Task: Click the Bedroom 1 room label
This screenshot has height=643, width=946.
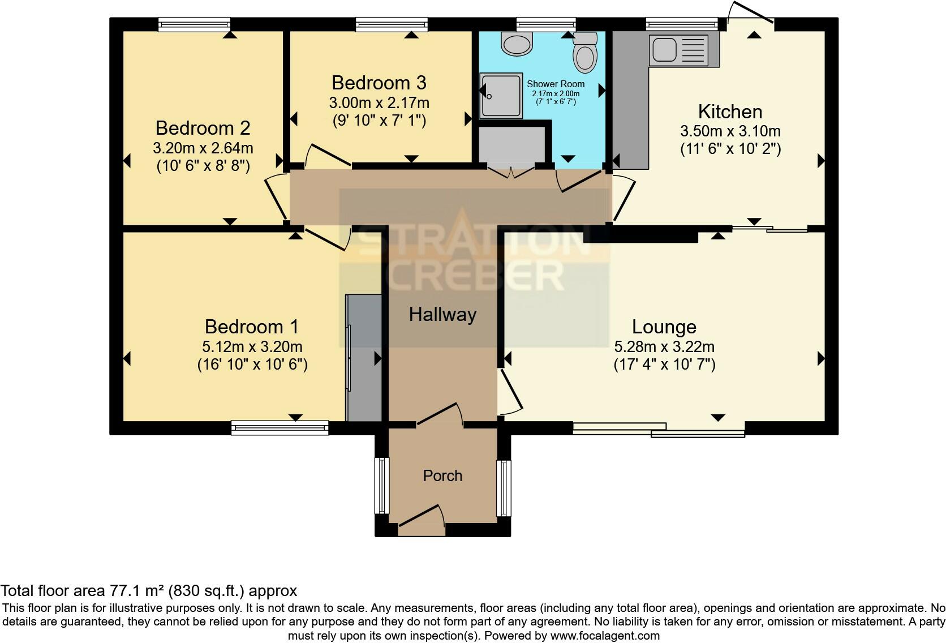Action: point(252,327)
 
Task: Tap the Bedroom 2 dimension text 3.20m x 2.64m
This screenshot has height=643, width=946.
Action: point(203,148)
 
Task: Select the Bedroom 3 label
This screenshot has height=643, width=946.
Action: point(379,83)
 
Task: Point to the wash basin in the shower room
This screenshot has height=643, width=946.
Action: point(517,44)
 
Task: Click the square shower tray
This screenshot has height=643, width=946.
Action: point(501,96)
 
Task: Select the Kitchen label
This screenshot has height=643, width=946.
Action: point(730,112)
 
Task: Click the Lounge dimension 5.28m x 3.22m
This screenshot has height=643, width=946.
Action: point(664,346)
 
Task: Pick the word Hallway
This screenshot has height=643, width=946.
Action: point(442,314)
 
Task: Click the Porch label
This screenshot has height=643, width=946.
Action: point(442,475)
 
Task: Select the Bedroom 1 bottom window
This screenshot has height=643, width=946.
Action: point(279,427)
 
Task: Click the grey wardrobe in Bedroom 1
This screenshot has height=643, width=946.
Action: point(364,358)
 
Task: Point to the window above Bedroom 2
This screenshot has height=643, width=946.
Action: point(194,24)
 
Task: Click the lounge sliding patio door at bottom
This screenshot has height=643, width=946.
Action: point(659,430)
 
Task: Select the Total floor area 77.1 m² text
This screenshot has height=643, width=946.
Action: point(148,591)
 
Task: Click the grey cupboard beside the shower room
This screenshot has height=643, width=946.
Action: point(511,146)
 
